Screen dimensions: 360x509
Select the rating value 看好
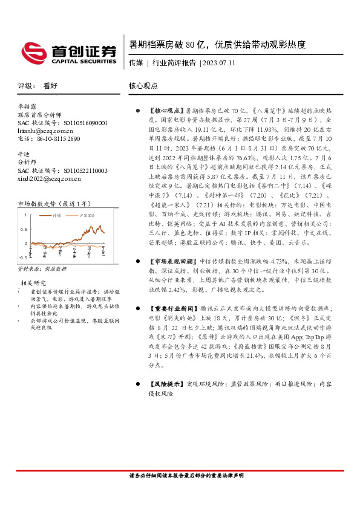pyautogui.click(x=50, y=86)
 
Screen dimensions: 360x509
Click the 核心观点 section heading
pyautogui.click(x=143, y=86)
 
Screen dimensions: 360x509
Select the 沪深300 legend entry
pyautogui.click(x=84, y=215)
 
